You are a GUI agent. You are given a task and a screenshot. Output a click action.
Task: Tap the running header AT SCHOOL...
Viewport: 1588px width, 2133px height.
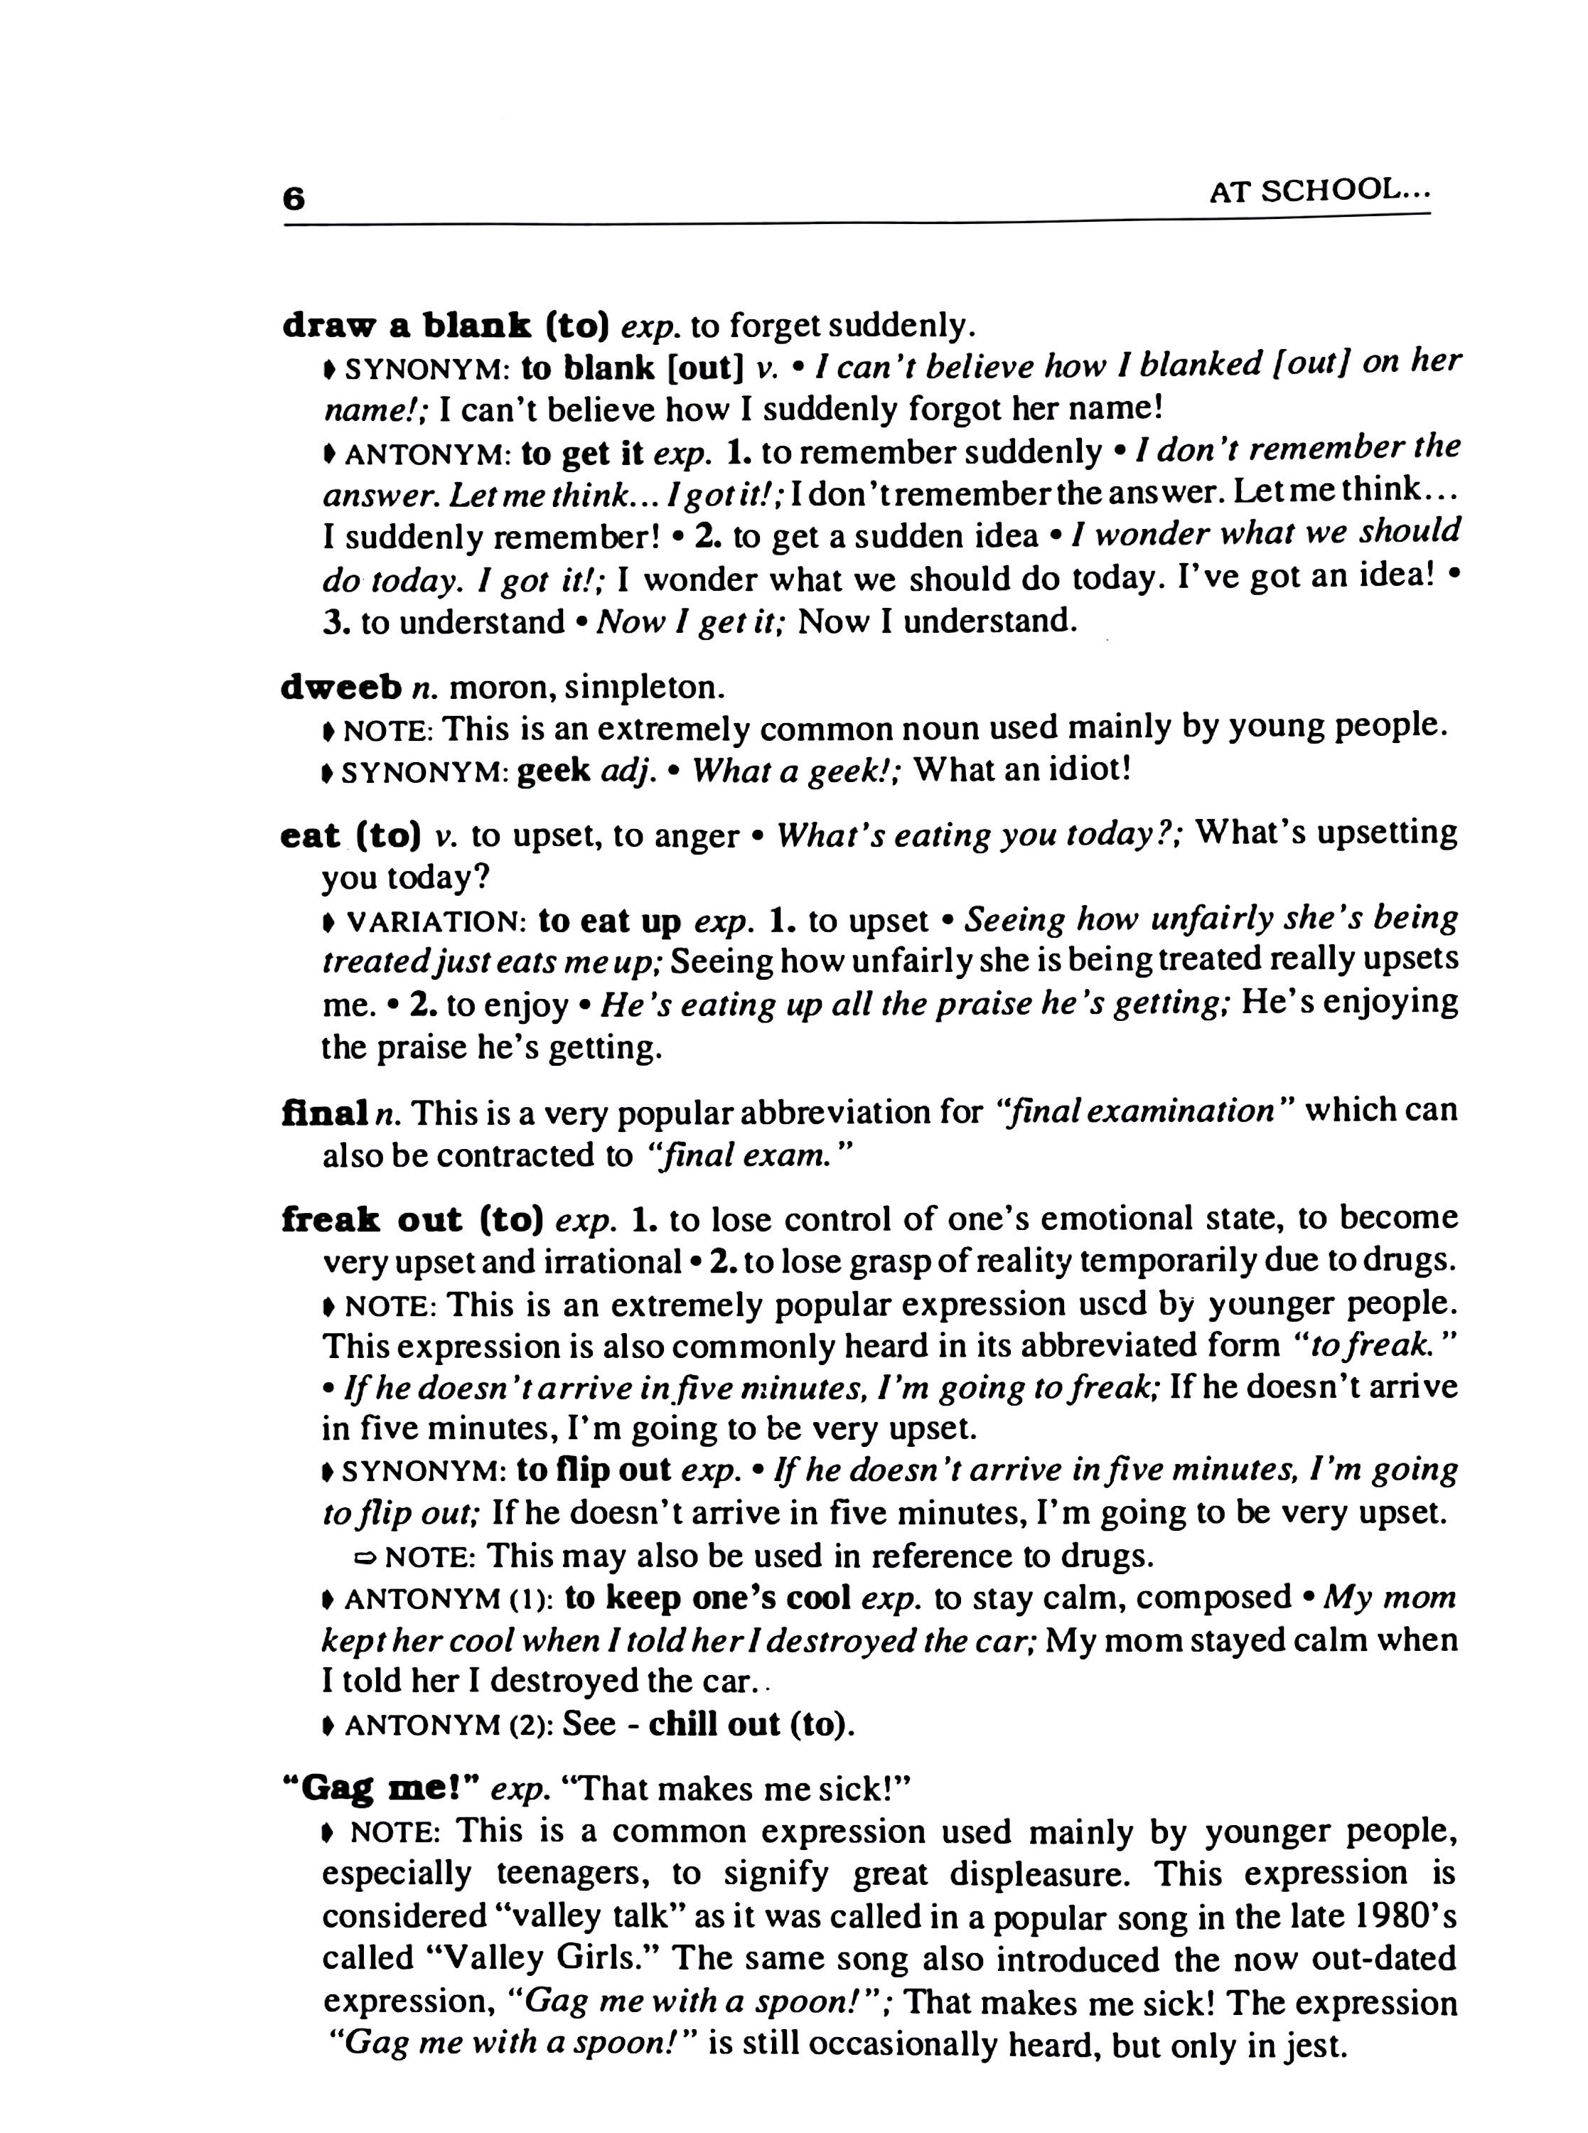[1319, 191]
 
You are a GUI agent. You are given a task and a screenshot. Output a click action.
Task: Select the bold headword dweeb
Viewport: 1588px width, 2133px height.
[341, 688]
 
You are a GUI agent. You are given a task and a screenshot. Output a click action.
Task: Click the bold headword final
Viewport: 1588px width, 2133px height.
[325, 1113]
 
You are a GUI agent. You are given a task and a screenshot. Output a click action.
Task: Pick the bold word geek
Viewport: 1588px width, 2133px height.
[553, 771]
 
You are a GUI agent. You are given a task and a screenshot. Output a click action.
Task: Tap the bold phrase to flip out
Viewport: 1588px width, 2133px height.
[593, 1470]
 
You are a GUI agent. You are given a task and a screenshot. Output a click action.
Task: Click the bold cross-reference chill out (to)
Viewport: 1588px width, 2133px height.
[751, 1724]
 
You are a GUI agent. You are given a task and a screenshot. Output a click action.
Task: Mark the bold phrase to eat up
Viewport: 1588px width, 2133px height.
[609, 921]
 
